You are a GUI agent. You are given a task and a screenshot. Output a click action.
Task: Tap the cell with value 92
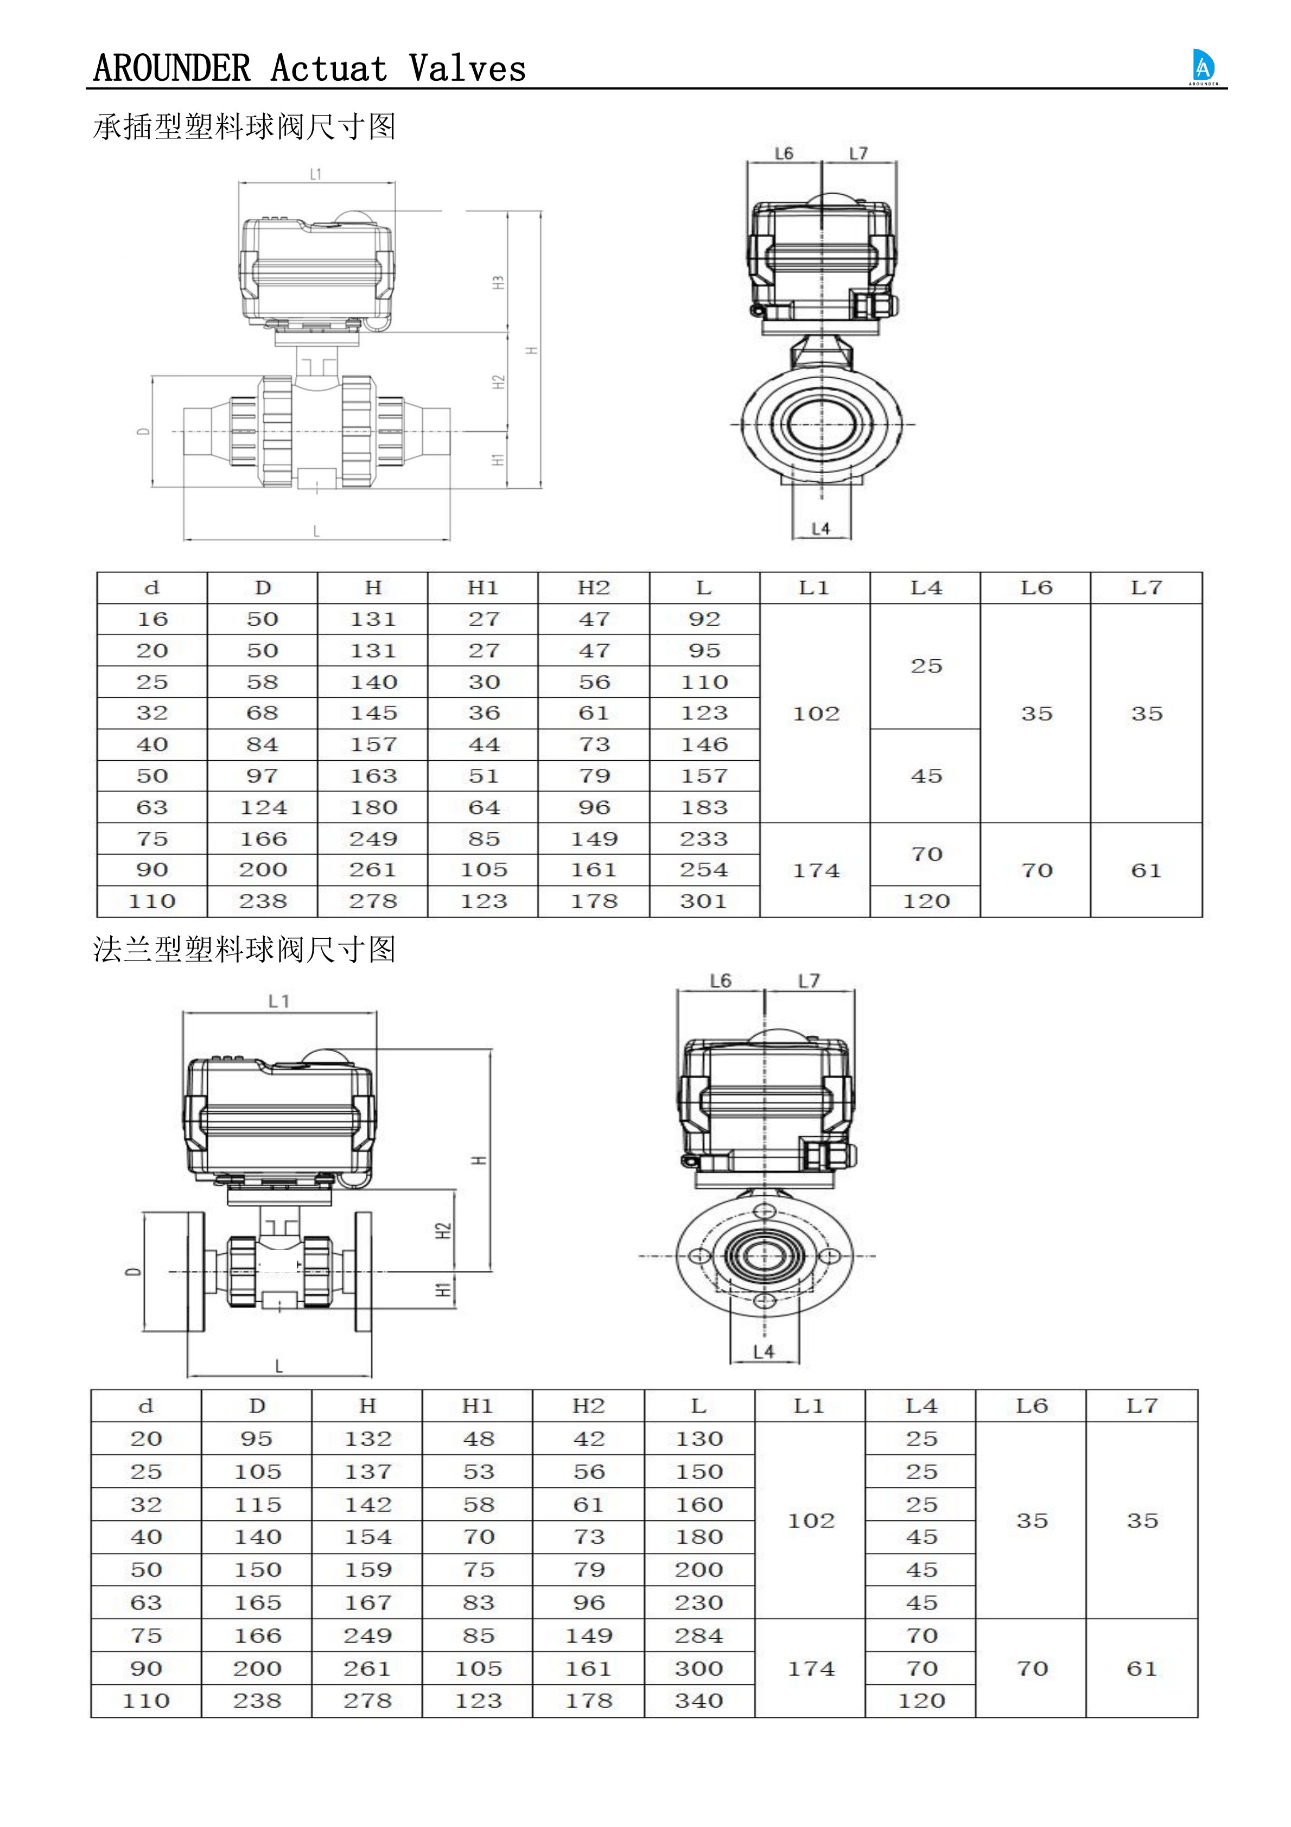(704, 619)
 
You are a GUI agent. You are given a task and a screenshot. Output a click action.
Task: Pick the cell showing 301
(704, 902)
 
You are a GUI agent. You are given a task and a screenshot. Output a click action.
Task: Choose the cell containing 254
(704, 870)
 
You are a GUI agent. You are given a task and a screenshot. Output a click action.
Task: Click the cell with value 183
(704, 807)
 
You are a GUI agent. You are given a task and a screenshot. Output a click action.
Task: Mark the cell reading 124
(263, 807)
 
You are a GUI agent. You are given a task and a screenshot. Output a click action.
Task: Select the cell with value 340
(699, 1701)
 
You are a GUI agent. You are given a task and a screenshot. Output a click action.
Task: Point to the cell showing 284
(699, 1636)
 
